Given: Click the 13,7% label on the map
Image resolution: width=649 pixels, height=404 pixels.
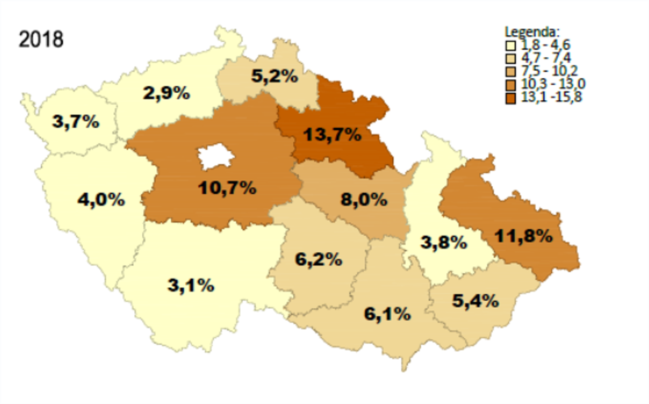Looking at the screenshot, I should [x=332, y=134].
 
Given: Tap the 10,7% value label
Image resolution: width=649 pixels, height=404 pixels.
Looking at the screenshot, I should [x=227, y=188].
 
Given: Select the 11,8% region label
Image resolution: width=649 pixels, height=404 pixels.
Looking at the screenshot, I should [x=524, y=236].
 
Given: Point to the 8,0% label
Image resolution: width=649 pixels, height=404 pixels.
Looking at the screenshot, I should [x=364, y=200].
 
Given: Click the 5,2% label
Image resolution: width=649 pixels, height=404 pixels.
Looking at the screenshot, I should [x=275, y=76].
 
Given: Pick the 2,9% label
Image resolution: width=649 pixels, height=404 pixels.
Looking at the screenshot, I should [x=166, y=93].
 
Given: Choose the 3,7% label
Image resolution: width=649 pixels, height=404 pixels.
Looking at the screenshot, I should [x=76, y=121].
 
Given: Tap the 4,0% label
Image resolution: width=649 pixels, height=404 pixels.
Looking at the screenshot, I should [x=101, y=200].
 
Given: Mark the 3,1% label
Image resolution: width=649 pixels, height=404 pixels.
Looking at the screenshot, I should [x=191, y=285].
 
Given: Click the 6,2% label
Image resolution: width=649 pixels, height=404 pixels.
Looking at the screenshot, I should [x=319, y=259].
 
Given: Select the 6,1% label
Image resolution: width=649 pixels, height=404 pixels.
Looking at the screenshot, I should [x=388, y=314].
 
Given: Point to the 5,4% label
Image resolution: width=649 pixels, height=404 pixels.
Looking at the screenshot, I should [x=475, y=301].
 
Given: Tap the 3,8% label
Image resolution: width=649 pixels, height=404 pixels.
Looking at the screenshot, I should [x=444, y=242].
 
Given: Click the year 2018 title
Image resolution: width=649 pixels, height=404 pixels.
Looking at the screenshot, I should [x=41, y=39].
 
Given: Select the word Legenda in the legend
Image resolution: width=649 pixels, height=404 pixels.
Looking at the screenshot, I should [x=532, y=32].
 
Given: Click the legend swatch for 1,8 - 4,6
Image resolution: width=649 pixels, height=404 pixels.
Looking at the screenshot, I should [x=511, y=45].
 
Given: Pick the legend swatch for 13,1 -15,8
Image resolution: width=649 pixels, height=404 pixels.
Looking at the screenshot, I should [x=511, y=98].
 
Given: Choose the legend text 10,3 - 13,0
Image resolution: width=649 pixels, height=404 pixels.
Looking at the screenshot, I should [x=553, y=84].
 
